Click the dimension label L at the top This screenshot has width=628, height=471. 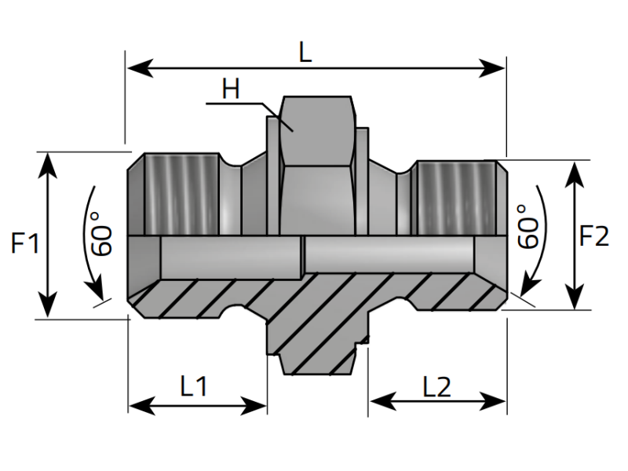point(305,53)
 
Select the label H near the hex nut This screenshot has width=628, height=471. point(230,89)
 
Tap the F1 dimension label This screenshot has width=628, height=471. point(24,244)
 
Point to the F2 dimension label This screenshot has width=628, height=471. point(594,236)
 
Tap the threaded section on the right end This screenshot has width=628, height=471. point(456,198)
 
